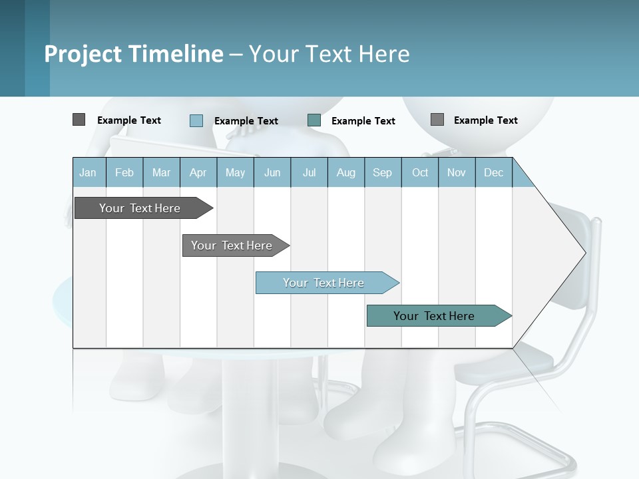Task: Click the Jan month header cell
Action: click(89, 172)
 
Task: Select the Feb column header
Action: click(124, 172)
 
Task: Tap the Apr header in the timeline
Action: click(198, 172)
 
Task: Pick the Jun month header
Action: click(272, 172)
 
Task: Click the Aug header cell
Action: click(346, 172)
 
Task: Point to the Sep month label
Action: click(382, 172)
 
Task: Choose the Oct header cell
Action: click(420, 172)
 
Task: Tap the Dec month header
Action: click(494, 172)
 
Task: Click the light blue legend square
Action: click(196, 120)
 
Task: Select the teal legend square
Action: click(314, 120)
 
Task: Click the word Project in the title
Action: click(83, 54)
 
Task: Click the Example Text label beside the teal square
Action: click(363, 121)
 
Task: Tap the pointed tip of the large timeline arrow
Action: click(583, 252)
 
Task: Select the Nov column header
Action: click(457, 172)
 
